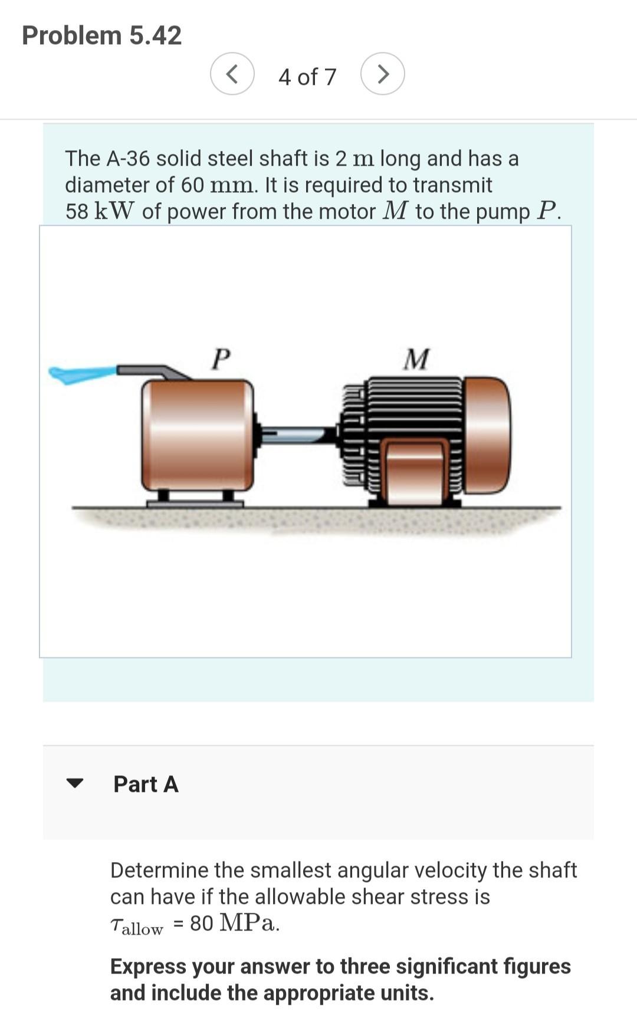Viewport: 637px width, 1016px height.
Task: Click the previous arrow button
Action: tap(232, 74)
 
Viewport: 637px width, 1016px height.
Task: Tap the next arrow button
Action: tap(383, 74)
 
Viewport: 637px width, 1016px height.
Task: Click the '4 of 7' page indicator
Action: tap(307, 77)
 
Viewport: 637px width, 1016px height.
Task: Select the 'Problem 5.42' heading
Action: tap(101, 35)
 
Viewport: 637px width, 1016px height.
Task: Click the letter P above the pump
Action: tap(221, 359)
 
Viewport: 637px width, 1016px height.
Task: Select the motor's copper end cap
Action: tap(487, 435)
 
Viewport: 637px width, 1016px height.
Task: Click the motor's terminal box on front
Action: tap(415, 472)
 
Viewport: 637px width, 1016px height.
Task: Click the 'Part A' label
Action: tap(146, 784)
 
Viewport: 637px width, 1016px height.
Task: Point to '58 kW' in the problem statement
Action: tap(100, 211)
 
